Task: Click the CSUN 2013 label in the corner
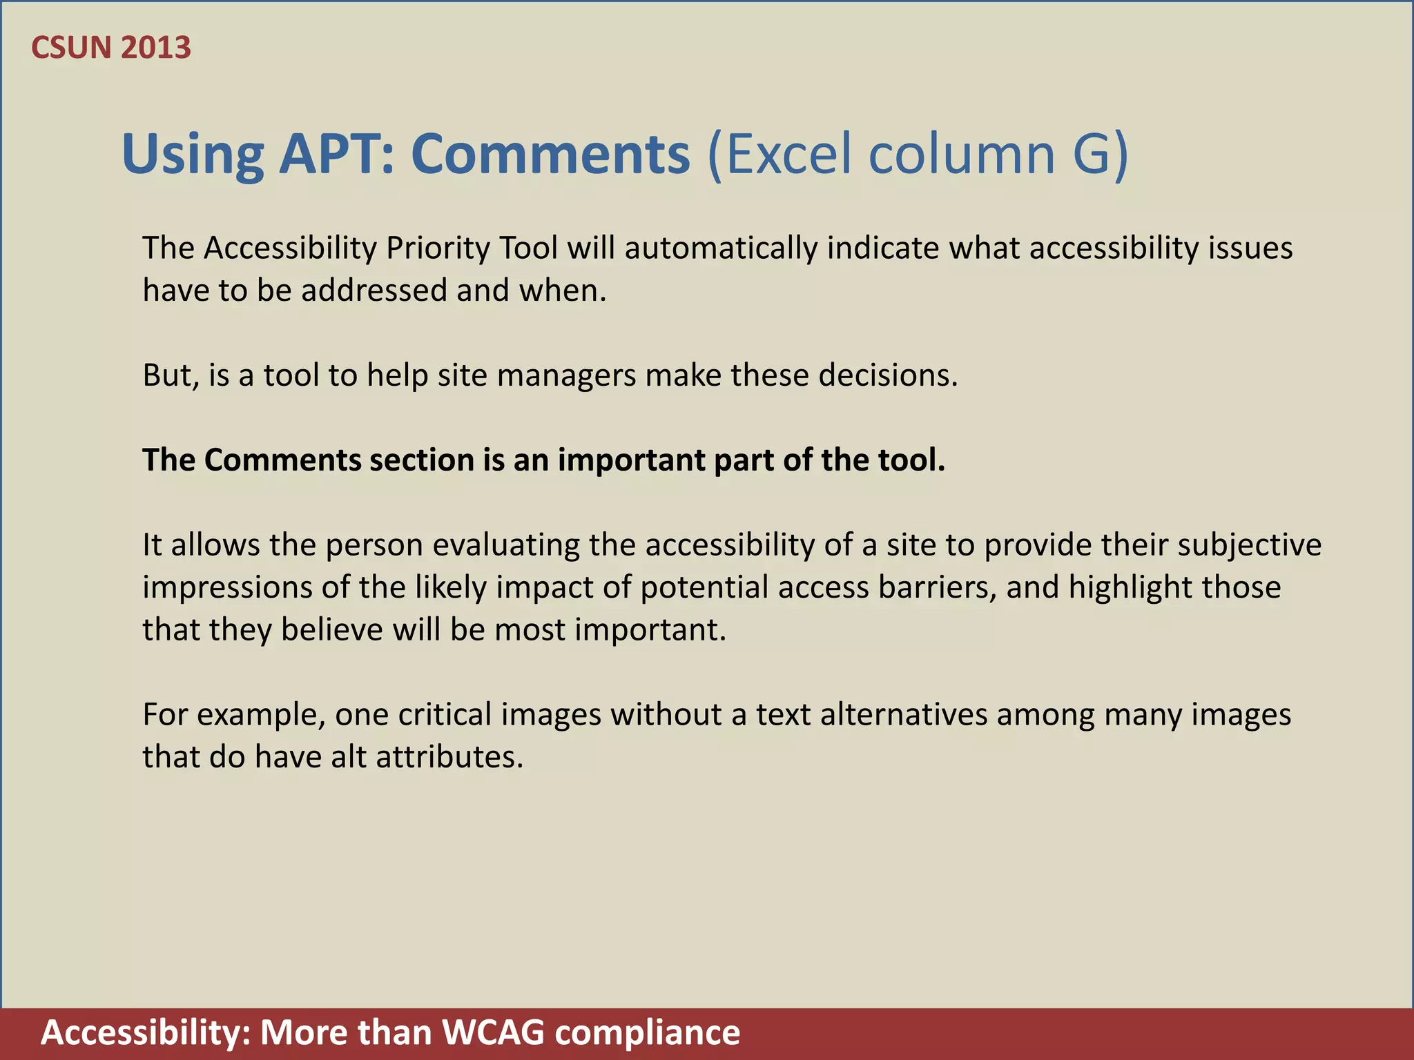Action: (111, 48)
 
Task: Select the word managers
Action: (566, 375)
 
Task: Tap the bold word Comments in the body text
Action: (282, 460)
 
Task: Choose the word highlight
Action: (1130, 587)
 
